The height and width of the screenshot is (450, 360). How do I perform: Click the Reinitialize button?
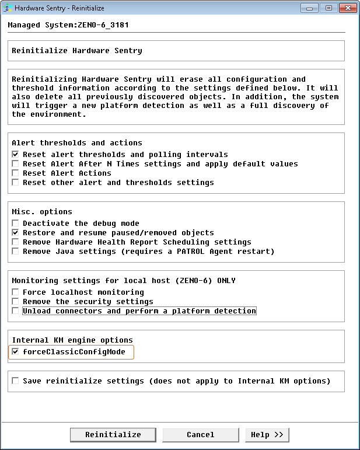pyautogui.click(x=113, y=435)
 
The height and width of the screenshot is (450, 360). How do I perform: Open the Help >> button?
pyautogui.click(x=267, y=435)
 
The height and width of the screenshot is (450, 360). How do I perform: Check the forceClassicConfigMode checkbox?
pyautogui.click(x=16, y=352)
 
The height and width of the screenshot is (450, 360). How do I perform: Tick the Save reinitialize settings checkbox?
pyautogui.click(x=16, y=381)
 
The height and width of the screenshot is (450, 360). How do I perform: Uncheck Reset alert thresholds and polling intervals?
pyautogui.click(x=16, y=155)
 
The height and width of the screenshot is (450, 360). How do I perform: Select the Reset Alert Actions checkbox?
pyautogui.click(x=16, y=173)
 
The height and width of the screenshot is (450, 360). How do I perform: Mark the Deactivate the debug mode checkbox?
pyautogui.click(x=16, y=224)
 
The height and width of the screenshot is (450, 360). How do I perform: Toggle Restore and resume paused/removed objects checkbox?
pyautogui.click(x=16, y=233)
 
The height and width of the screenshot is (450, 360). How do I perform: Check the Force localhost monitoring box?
pyautogui.click(x=16, y=292)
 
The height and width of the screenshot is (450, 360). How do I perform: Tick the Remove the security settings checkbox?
pyautogui.click(x=16, y=302)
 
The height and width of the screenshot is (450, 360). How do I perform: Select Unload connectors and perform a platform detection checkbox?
pyautogui.click(x=16, y=311)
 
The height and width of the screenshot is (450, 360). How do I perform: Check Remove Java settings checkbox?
pyautogui.click(x=16, y=252)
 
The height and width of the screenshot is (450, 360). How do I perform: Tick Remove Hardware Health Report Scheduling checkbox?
pyautogui.click(x=16, y=242)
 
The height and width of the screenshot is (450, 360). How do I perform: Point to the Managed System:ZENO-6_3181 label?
pyautogui.click(x=68, y=25)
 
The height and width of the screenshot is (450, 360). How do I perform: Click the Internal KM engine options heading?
pyautogui.click(x=72, y=340)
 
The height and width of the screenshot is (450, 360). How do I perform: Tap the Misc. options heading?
pyautogui.click(x=42, y=212)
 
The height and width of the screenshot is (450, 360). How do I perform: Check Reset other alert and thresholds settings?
pyautogui.click(x=16, y=183)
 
